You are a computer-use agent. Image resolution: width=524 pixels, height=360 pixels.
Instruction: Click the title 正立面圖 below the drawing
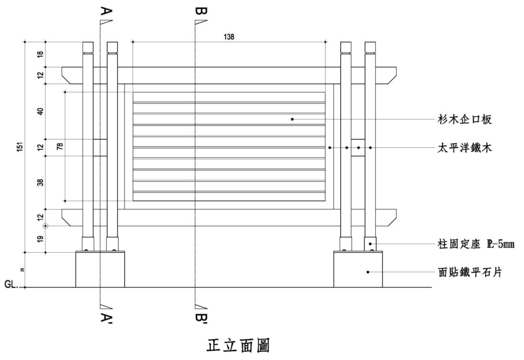[x=238, y=345]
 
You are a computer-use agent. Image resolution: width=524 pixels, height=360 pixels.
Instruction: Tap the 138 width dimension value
[x=229, y=37]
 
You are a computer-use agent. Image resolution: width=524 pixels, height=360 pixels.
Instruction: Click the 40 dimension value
[x=41, y=111]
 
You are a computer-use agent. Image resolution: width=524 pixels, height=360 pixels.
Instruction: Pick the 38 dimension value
[x=41, y=182]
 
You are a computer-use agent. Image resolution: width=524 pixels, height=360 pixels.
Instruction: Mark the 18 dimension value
[x=41, y=54]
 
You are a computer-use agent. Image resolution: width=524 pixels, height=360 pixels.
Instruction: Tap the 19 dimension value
[x=41, y=238]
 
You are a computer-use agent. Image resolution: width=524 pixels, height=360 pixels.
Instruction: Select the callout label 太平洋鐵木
[x=465, y=148]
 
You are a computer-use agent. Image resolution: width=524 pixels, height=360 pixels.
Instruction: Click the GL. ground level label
[x=11, y=284]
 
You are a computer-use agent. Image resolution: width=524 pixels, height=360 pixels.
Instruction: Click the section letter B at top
[x=201, y=11]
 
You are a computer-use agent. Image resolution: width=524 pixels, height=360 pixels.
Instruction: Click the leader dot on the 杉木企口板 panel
[x=292, y=119]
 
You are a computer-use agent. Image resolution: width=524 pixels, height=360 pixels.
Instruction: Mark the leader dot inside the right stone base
[x=368, y=272]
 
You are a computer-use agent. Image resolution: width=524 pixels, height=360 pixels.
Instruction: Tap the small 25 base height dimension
[x=22, y=270]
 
